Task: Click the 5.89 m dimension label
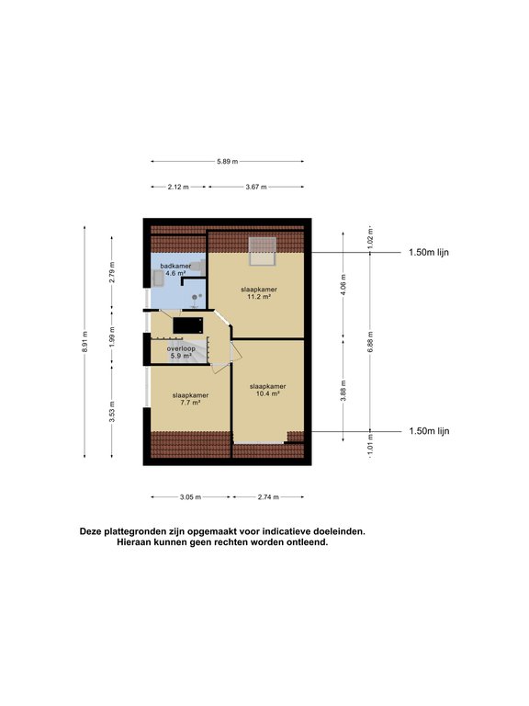pos(227,161)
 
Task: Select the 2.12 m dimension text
pos(178,187)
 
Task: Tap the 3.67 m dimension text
pos(256,187)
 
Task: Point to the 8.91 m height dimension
pos(85,342)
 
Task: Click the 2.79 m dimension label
pos(112,272)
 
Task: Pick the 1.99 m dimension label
pos(112,336)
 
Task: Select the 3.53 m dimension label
pos(112,411)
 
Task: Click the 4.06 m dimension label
pos(343,285)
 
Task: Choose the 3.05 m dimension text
pos(190,497)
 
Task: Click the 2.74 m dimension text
pos(268,497)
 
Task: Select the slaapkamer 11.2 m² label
pos(259,292)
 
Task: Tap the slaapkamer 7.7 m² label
pos(190,399)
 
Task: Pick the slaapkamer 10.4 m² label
pos(267,390)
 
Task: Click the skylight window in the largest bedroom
pos(263,252)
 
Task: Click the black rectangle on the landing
pos(188,325)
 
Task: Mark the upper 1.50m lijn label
pos(429,252)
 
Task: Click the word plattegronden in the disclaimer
pos(131,531)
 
